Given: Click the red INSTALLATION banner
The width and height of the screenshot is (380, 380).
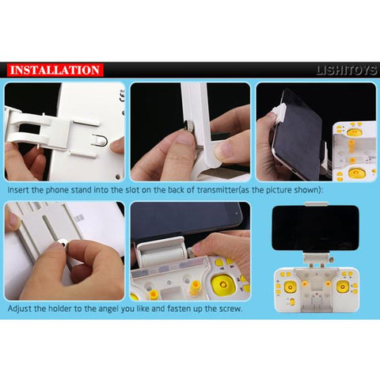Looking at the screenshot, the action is pos(55,70).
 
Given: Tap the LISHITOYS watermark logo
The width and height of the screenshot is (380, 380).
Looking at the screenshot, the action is pos(347,70).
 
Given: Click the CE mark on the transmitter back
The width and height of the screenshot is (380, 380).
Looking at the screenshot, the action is pos(122,96).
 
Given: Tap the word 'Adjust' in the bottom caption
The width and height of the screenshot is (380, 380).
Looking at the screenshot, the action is pos(19,309).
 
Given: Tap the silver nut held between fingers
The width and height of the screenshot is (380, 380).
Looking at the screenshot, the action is pos(63,243).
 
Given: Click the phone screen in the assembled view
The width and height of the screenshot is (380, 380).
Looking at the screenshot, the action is pos(315,228).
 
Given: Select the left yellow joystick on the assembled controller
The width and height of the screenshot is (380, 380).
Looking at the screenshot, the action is pos(290,287).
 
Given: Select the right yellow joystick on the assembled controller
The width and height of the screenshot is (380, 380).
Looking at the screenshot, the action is pos(342,287).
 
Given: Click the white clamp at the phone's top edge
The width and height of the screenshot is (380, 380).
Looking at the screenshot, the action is pos(317,204).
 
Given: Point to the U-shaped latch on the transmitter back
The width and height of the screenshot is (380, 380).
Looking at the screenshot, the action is pos(99,140).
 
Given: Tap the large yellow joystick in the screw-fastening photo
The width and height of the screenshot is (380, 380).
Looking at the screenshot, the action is pos(223,284).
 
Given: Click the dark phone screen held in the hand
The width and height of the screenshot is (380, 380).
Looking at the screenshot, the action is pos(298,135).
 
